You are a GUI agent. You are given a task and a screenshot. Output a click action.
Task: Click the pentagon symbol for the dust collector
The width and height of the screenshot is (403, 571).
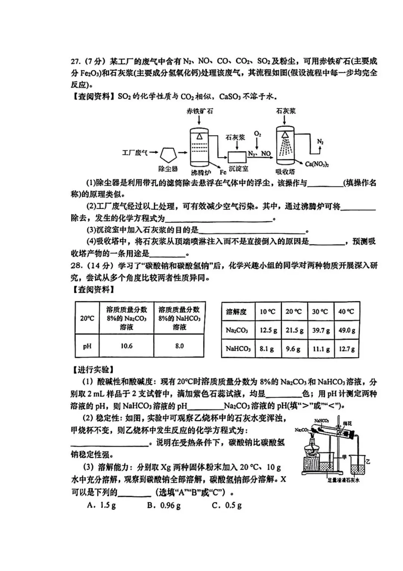(168, 154)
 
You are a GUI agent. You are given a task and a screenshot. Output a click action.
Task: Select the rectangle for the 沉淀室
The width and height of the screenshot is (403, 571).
(237, 156)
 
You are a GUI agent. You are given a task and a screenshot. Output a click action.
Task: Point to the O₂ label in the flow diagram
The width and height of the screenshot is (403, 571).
(257, 134)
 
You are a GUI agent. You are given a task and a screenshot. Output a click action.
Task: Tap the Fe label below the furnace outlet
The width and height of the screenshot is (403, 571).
(223, 172)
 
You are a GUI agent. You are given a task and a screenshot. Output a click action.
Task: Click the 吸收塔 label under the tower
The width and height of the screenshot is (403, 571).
(285, 172)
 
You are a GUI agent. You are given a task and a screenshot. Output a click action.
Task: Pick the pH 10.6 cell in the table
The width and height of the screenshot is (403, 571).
(126, 346)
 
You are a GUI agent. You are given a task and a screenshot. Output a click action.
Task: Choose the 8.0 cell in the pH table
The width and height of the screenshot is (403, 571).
(179, 346)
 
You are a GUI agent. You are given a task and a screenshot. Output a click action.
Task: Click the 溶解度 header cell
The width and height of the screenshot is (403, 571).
(237, 312)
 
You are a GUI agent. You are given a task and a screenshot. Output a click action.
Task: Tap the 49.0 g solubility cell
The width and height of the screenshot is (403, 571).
(346, 330)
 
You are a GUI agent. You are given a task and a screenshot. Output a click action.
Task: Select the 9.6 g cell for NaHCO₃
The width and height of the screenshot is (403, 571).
(294, 349)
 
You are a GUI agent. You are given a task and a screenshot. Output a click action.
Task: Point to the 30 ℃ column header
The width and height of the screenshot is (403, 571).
(320, 312)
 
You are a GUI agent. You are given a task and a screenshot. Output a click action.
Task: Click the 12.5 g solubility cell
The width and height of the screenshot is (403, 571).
(268, 330)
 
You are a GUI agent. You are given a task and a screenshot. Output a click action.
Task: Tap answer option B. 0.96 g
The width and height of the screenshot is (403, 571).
(164, 506)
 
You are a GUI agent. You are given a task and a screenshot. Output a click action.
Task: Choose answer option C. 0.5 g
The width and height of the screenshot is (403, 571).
(227, 506)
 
